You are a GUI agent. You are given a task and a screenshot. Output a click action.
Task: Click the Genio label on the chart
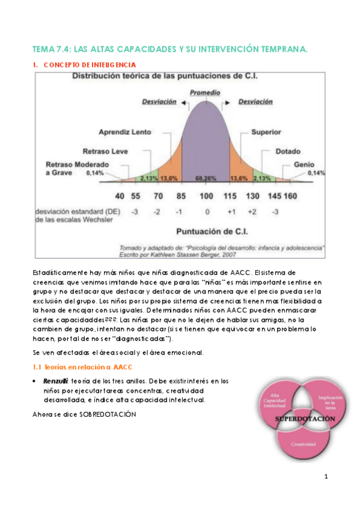click(304, 164)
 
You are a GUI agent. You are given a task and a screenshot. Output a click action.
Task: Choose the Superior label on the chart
click(266, 131)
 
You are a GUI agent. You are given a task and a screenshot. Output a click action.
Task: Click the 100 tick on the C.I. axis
click(206, 195)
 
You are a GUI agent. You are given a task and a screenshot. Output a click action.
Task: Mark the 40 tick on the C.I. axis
click(120, 195)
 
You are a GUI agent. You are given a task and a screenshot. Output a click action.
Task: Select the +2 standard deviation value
click(253, 211)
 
